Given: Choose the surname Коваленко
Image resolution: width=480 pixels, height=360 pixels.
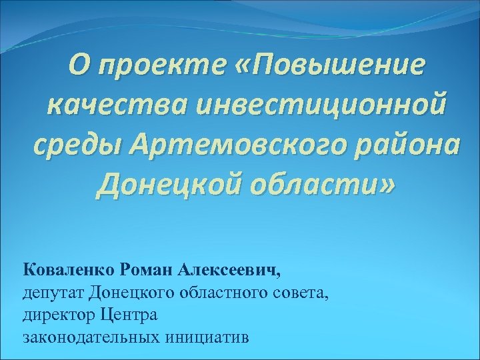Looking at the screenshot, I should pos(70,270).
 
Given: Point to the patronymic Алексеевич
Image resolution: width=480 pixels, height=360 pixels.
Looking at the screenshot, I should pos(231,270).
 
